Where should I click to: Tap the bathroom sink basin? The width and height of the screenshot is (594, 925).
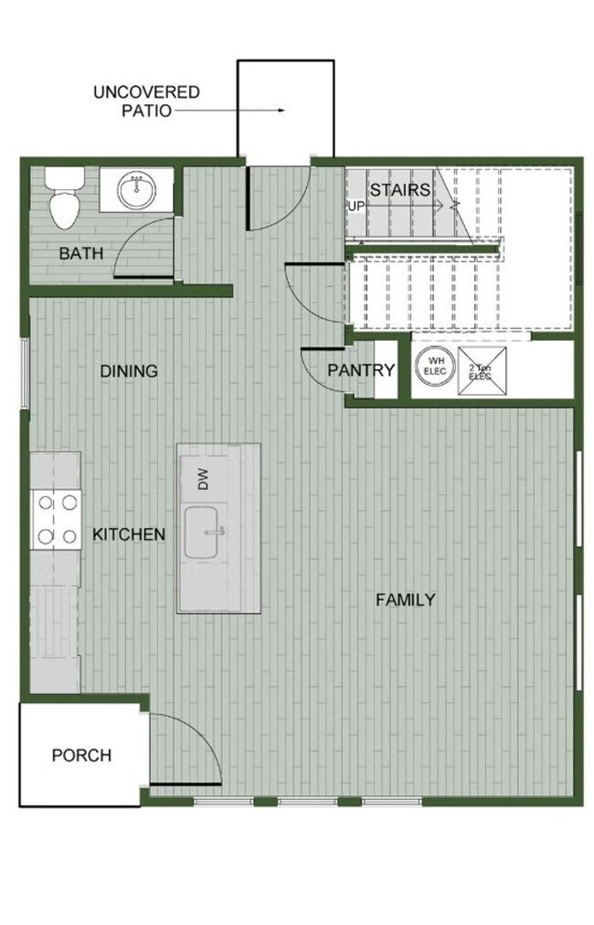(136, 190)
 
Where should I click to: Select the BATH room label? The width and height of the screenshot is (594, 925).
(81, 253)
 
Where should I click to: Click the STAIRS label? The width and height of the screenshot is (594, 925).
(399, 190)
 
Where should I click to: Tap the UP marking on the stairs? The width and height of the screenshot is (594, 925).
(355, 206)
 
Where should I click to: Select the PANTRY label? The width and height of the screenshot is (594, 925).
(361, 370)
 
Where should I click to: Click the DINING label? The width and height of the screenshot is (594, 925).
(129, 371)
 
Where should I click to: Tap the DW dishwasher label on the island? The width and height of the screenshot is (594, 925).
(203, 479)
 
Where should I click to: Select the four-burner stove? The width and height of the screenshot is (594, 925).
(56, 519)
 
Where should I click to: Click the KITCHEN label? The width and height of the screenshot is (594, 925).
(129, 534)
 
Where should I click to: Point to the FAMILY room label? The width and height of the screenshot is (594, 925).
(406, 600)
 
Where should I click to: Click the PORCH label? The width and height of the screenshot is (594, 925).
(81, 756)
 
